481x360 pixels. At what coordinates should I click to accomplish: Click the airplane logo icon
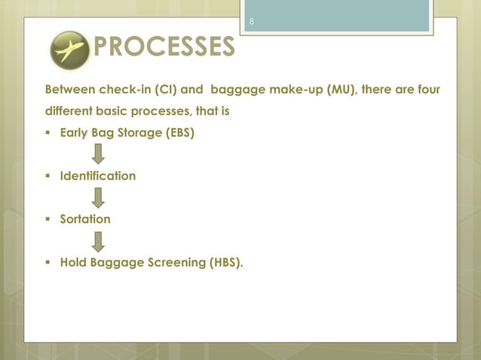coord(69,50)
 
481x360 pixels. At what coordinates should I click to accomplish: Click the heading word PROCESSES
coord(163,48)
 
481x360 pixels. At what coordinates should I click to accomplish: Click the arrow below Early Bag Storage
coord(98,154)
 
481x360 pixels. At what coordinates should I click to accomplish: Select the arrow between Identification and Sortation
coord(98,197)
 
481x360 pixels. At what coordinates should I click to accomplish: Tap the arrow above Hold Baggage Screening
coord(98,241)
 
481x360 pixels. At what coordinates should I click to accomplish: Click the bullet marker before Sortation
coord(49,219)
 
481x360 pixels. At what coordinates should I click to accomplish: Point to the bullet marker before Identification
coord(49,176)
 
